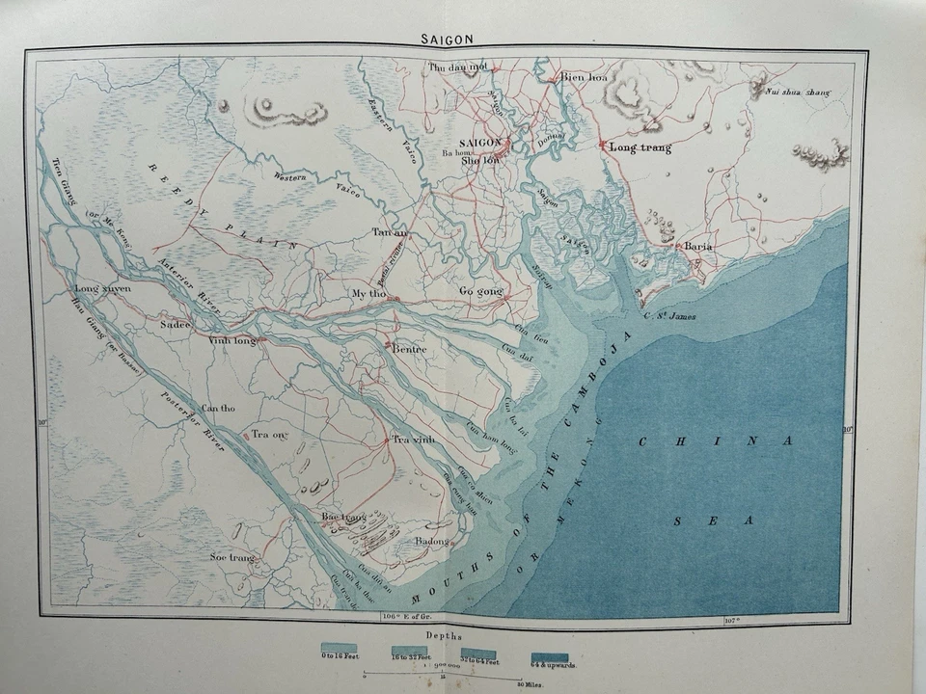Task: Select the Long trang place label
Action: pyautogui.click(x=640, y=147)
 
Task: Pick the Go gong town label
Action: pyautogui.click(x=479, y=290)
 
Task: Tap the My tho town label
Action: pyautogui.click(x=368, y=293)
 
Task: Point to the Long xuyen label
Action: pyautogui.click(x=103, y=288)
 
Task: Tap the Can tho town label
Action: pyautogui.click(x=218, y=408)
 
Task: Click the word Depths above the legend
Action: pyautogui.click(x=443, y=637)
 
